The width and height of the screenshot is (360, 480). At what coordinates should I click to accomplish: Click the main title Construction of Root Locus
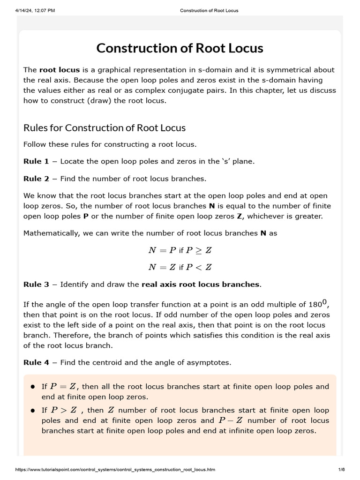[x=180, y=48]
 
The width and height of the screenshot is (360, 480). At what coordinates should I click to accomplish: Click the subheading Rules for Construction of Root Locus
[x=105, y=127]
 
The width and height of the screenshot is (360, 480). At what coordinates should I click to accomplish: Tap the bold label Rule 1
[x=36, y=161]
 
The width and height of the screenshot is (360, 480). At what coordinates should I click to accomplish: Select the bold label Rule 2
[x=36, y=179]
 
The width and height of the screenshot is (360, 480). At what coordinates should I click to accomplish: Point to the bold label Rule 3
[x=36, y=284]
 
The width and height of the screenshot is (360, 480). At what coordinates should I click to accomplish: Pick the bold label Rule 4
[x=36, y=362]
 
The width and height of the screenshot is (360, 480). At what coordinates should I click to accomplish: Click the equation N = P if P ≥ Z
[x=180, y=250]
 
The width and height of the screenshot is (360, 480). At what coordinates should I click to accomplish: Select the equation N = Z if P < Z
[x=180, y=267]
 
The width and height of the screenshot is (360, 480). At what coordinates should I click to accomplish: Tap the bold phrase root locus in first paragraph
[x=60, y=70]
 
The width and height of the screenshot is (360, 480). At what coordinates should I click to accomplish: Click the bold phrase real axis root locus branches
[x=200, y=284]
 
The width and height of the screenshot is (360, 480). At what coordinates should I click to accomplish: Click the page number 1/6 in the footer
[x=341, y=469]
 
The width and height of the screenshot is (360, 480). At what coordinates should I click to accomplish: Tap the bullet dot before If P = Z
[x=33, y=387]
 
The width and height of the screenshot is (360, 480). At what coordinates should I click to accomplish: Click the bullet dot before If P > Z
[x=33, y=410]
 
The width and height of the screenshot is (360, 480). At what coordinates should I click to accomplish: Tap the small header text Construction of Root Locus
[x=209, y=10]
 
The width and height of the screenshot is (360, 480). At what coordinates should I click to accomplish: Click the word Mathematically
[x=50, y=233]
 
